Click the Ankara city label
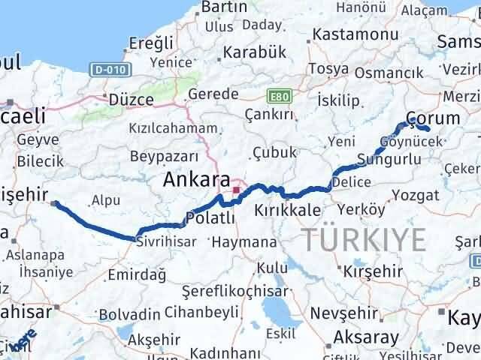point(197,181)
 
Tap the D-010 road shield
point(112,70)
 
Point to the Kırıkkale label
point(286,210)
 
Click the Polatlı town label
point(210,217)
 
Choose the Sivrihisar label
point(165,241)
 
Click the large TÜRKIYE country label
point(365,240)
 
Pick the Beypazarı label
point(164,156)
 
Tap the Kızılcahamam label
point(172,128)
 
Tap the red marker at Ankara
point(236,190)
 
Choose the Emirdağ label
point(132,275)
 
